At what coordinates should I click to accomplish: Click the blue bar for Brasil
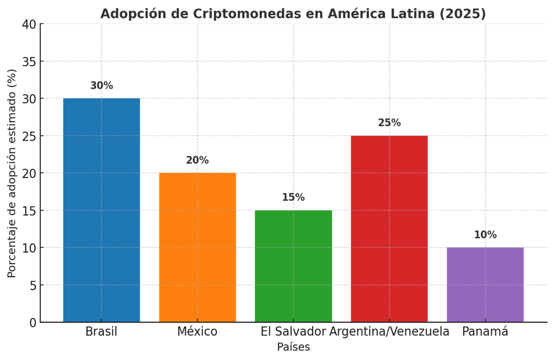coord(101,210)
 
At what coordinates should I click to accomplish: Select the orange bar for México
coord(198,247)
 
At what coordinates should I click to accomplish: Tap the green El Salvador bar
coord(293,266)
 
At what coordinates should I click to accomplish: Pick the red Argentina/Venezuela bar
coord(389,229)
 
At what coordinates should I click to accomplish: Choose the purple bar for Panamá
coord(485,285)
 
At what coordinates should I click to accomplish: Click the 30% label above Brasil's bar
coord(101,86)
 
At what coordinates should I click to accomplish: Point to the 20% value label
coord(198,161)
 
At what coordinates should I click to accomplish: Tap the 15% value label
coord(293,198)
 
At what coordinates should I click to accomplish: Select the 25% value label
coord(389,123)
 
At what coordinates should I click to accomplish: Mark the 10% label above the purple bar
coord(485,235)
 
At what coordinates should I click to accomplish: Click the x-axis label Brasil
coord(101,332)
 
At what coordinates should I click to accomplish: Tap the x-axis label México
coord(198,332)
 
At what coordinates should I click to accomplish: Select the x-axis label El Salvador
coord(293,332)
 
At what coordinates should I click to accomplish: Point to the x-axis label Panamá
coord(485,332)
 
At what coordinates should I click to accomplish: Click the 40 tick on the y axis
coord(29,24)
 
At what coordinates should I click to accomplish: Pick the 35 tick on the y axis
coord(29,62)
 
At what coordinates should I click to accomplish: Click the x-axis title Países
coord(293,347)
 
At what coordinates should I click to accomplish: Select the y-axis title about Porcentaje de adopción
coord(12,173)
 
